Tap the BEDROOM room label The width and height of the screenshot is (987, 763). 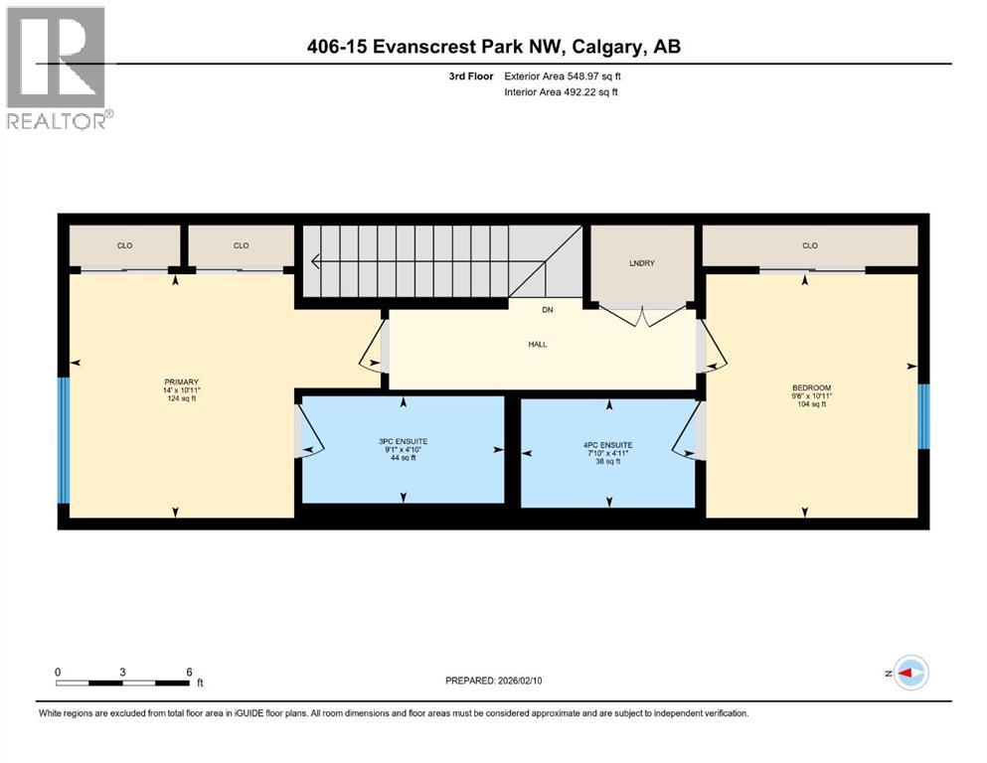click(x=811, y=387)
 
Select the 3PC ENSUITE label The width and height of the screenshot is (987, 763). click(x=403, y=440)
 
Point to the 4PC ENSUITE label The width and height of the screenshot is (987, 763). click(x=608, y=445)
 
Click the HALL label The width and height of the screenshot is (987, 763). click(x=538, y=344)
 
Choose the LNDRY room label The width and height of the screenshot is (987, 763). click(x=642, y=263)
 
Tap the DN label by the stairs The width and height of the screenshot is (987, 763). click(x=547, y=310)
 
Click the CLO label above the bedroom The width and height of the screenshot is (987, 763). click(x=810, y=245)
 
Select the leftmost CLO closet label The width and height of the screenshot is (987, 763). click(x=124, y=245)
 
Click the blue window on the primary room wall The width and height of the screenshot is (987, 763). click(x=64, y=440)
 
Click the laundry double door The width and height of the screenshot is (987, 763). click(x=642, y=314)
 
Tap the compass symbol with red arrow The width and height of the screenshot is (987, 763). click(x=910, y=674)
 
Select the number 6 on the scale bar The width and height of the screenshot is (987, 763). click(x=189, y=672)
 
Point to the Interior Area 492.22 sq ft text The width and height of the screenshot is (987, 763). click(x=562, y=92)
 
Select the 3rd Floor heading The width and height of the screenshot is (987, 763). click(x=471, y=76)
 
